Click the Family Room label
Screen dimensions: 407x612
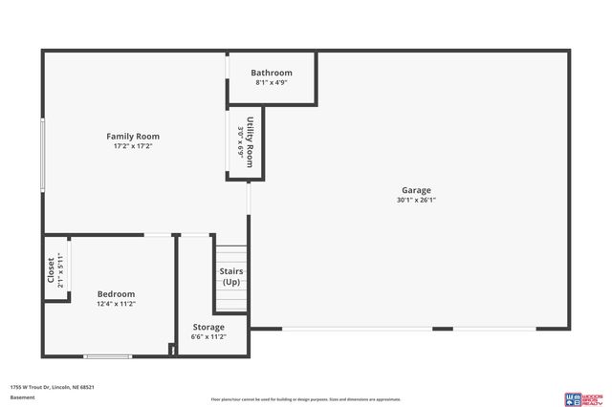pyautogui.click(x=133, y=137)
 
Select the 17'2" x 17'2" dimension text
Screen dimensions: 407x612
pyautogui.click(x=133, y=146)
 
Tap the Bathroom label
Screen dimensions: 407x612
pyautogui.click(x=272, y=73)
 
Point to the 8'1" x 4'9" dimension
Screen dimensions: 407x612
pyautogui.click(x=272, y=83)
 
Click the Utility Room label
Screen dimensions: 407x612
pyautogui.click(x=251, y=143)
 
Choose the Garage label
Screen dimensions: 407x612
pyautogui.click(x=416, y=190)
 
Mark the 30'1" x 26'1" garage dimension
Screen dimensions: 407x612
pyautogui.click(x=416, y=200)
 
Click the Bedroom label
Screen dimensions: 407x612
pyautogui.click(x=116, y=293)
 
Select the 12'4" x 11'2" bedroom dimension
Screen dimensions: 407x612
pyautogui.click(x=116, y=304)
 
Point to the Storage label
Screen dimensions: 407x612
pyautogui.click(x=208, y=327)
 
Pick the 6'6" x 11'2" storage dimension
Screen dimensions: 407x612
pyautogui.click(x=208, y=336)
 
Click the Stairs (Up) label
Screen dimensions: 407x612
pyautogui.click(x=231, y=276)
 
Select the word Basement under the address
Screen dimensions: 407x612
pyautogui.click(x=22, y=396)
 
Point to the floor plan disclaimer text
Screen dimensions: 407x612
pyautogui.click(x=306, y=399)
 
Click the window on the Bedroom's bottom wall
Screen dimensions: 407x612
pyautogui.click(x=107, y=356)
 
